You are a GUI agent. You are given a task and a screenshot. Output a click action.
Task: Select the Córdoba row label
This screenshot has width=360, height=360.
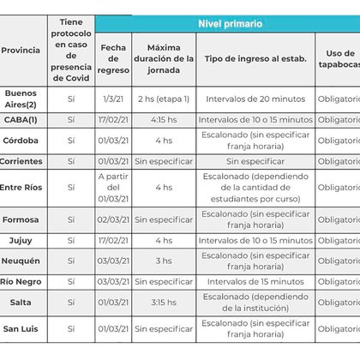tap(23, 141)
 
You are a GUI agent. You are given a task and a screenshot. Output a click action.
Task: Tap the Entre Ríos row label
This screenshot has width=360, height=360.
tap(23, 187)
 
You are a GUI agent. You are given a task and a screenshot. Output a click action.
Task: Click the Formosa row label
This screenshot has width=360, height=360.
tap(23, 219)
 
